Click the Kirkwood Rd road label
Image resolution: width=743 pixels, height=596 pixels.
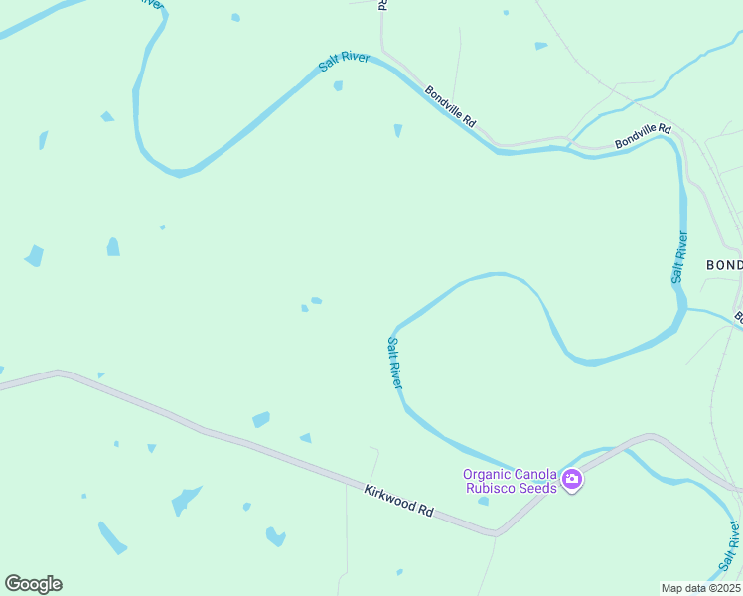[x=398, y=500]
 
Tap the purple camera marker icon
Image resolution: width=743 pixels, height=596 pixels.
[x=572, y=481]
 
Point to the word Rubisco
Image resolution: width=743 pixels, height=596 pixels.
[x=491, y=487]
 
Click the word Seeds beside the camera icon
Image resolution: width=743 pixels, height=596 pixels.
[x=537, y=487]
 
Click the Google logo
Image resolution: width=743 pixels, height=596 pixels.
[x=33, y=584]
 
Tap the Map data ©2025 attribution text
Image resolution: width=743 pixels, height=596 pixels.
[x=700, y=588]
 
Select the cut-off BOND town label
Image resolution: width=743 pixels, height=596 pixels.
[x=723, y=265]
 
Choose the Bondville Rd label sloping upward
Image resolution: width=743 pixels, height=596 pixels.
[x=643, y=137]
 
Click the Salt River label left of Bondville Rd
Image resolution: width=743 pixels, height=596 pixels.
[x=344, y=62]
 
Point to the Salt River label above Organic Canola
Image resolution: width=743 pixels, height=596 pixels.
[x=394, y=363]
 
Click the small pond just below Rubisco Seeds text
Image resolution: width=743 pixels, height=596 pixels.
[x=483, y=502]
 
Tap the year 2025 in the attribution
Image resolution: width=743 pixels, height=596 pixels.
[x=726, y=588]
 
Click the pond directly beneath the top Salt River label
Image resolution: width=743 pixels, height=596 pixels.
[x=338, y=86]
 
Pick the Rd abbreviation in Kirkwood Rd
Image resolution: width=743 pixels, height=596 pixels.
[x=425, y=511]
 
